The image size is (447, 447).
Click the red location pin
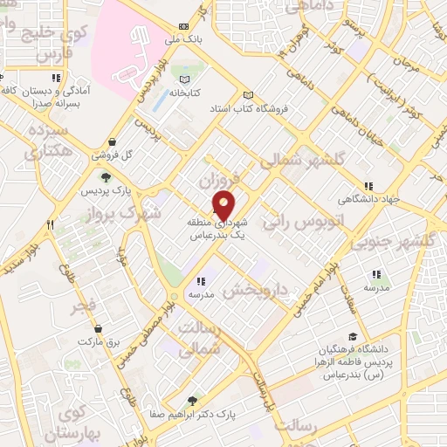pyautogui.click(x=224, y=204)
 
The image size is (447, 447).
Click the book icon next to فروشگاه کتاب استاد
pyautogui.click(x=248, y=96)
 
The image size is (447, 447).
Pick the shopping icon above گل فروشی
pyautogui.click(x=113, y=142)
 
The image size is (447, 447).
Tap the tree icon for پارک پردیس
pyautogui.click(x=106, y=178)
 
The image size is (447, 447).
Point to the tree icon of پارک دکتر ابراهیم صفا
pyautogui.click(x=193, y=400)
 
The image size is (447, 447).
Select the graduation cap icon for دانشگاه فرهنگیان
pyautogui.click(x=352, y=337)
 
